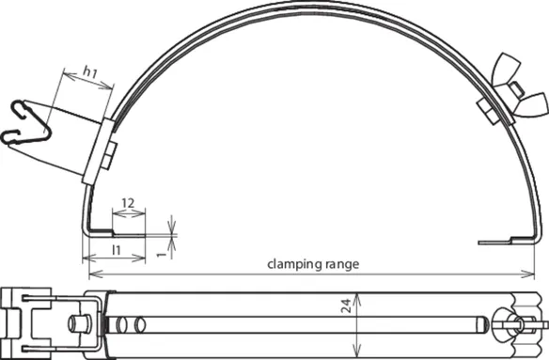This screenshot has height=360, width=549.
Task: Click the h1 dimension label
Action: (90, 72)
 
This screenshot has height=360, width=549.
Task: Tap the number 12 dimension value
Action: (128, 203)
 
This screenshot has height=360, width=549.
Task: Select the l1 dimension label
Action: (117, 250)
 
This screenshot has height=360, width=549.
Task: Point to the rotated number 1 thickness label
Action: (161, 255)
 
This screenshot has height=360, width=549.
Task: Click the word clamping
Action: (295, 264)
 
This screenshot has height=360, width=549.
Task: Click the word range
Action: (342, 264)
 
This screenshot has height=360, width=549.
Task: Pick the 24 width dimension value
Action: (346, 305)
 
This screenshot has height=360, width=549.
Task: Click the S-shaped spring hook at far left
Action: (26, 122)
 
